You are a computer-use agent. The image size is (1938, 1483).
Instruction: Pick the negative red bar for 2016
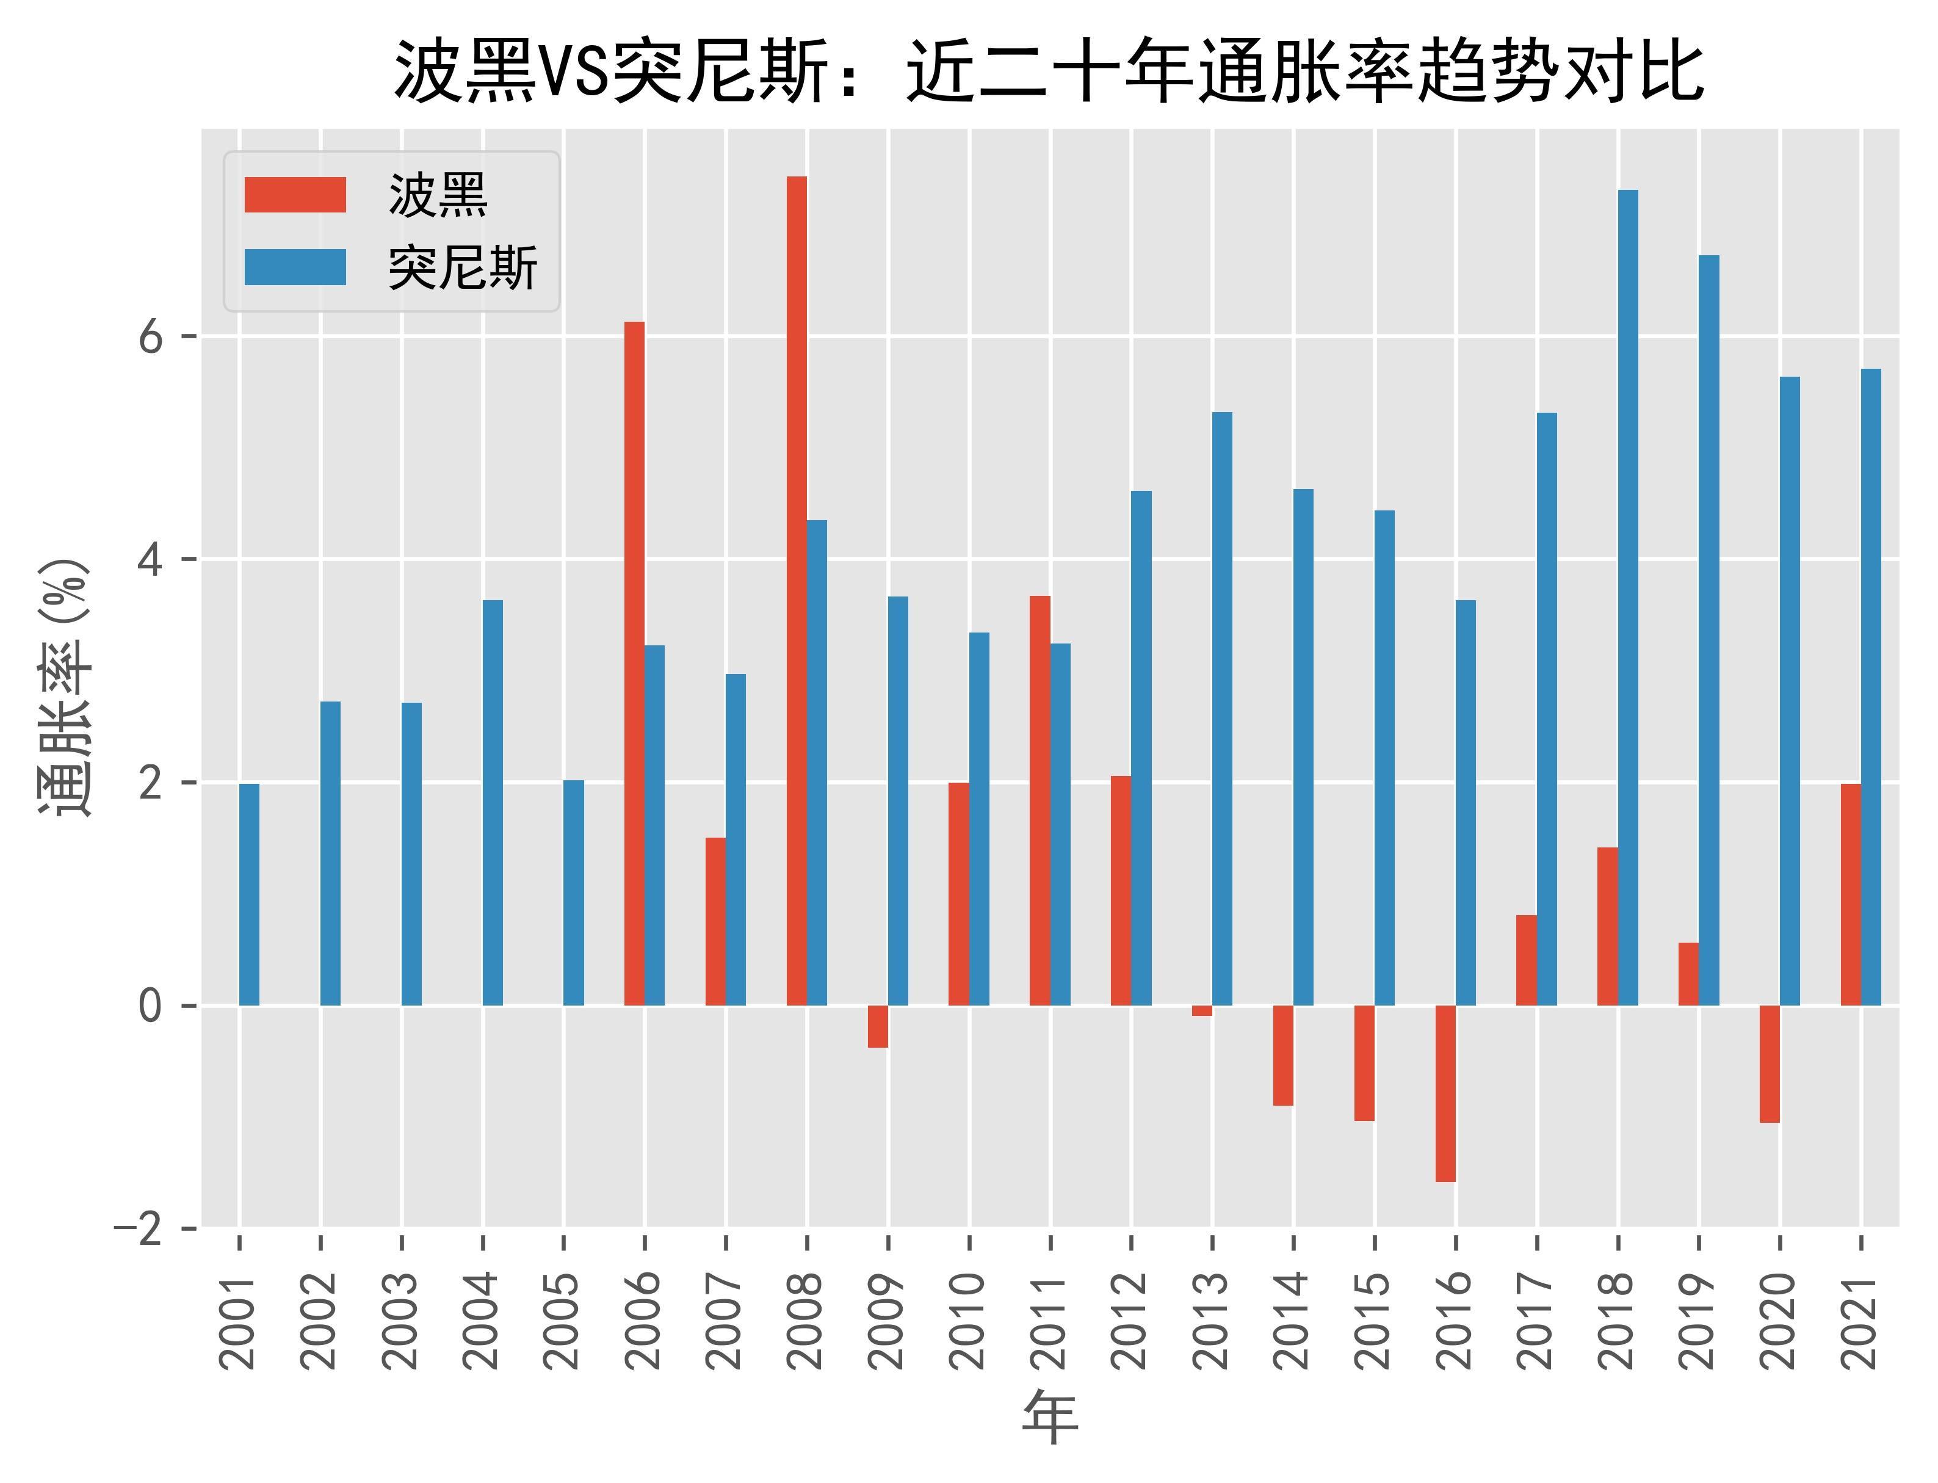pyautogui.click(x=1445, y=1093)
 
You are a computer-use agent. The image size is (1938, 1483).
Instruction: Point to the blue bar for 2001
pyautogui.click(x=250, y=894)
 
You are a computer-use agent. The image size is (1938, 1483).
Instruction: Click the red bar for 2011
pyautogui.click(x=1040, y=800)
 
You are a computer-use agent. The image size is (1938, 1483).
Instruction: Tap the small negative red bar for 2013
pyautogui.click(x=1201, y=1010)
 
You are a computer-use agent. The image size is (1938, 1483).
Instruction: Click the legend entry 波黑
pyautogui.click(x=438, y=195)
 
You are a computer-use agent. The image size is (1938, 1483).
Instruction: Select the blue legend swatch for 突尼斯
pyautogui.click(x=295, y=267)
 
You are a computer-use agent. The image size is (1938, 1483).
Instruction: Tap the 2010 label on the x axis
pyautogui.click(x=969, y=1321)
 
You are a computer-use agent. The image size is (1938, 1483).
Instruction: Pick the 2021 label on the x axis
pyautogui.click(x=1861, y=1321)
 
